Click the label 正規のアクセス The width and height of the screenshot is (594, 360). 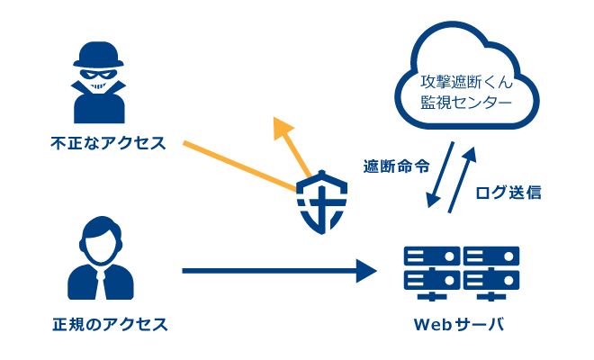110,321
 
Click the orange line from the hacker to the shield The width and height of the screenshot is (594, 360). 238,166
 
